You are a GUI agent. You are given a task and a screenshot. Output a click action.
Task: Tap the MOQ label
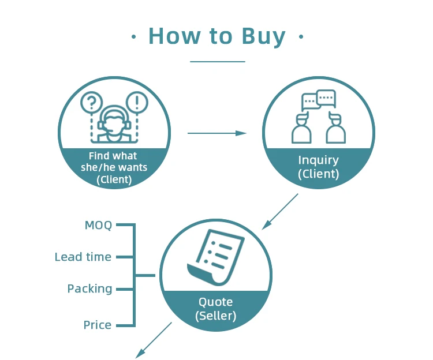(x=98, y=225)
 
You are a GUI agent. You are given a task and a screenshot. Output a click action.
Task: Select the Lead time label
(x=83, y=257)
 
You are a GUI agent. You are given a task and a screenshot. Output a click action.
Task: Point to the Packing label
(x=89, y=288)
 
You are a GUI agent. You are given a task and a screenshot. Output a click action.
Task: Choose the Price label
(x=98, y=325)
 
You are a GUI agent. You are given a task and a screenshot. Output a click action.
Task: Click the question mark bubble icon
(x=91, y=103)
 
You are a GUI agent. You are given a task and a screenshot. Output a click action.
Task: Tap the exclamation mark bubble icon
(x=137, y=103)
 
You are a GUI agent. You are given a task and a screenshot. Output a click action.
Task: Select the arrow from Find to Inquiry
(x=216, y=133)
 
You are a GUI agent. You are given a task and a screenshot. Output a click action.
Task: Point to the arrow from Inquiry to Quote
(x=281, y=211)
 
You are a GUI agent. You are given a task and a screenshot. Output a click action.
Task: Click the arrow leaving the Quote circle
(x=154, y=340)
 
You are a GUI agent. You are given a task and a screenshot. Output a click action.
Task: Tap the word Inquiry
(x=318, y=160)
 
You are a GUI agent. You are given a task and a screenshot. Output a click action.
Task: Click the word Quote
(x=215, y=302)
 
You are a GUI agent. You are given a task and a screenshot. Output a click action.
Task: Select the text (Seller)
(x=215, y=316)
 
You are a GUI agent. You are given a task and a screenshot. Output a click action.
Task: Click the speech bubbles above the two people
(x=318, y=100)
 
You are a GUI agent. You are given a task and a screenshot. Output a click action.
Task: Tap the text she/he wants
(x=114, y=168)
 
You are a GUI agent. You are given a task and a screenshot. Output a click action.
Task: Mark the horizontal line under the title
(x=217, y=61)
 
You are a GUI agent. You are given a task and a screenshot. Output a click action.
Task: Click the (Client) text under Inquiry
(x=318, y=174)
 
